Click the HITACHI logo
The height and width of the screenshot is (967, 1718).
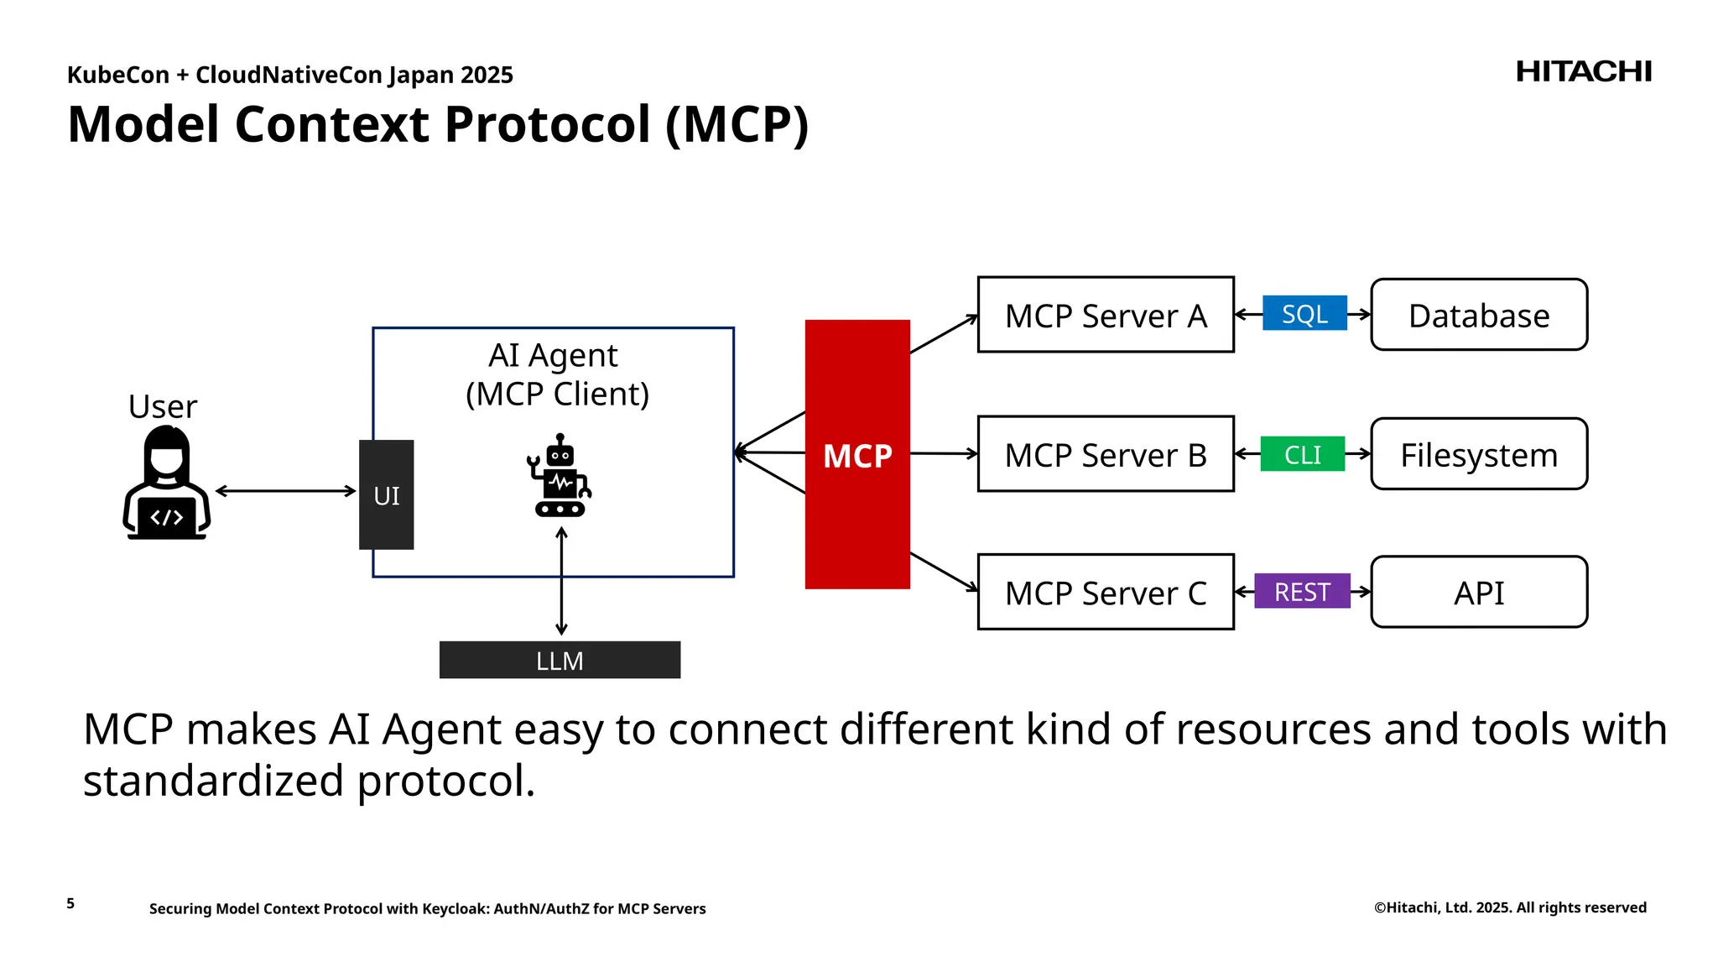[1583, 72]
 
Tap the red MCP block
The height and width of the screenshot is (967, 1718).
[856, 454]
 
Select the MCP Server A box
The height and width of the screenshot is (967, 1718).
[1105, 315]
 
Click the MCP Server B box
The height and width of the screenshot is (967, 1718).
[1105, 454]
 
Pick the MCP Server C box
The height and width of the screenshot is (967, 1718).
[1105, 592]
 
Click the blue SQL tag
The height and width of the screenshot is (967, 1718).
[1304, 313]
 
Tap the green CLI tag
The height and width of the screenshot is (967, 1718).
[1302, 454]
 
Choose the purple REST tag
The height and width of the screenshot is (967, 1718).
[1302, 591]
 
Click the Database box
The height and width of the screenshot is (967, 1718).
[1478, 315]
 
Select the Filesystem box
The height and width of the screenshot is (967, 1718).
[1478, 454]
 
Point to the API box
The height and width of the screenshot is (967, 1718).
[1478, 592]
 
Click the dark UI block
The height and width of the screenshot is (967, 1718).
[386, 494]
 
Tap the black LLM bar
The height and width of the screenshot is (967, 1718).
[560, 660]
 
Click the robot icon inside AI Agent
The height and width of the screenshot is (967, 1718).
[560, 476]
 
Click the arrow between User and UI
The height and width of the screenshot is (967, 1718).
[285, 491]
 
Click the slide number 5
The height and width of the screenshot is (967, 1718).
[70, 903]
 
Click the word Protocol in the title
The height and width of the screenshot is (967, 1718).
[547, 124]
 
